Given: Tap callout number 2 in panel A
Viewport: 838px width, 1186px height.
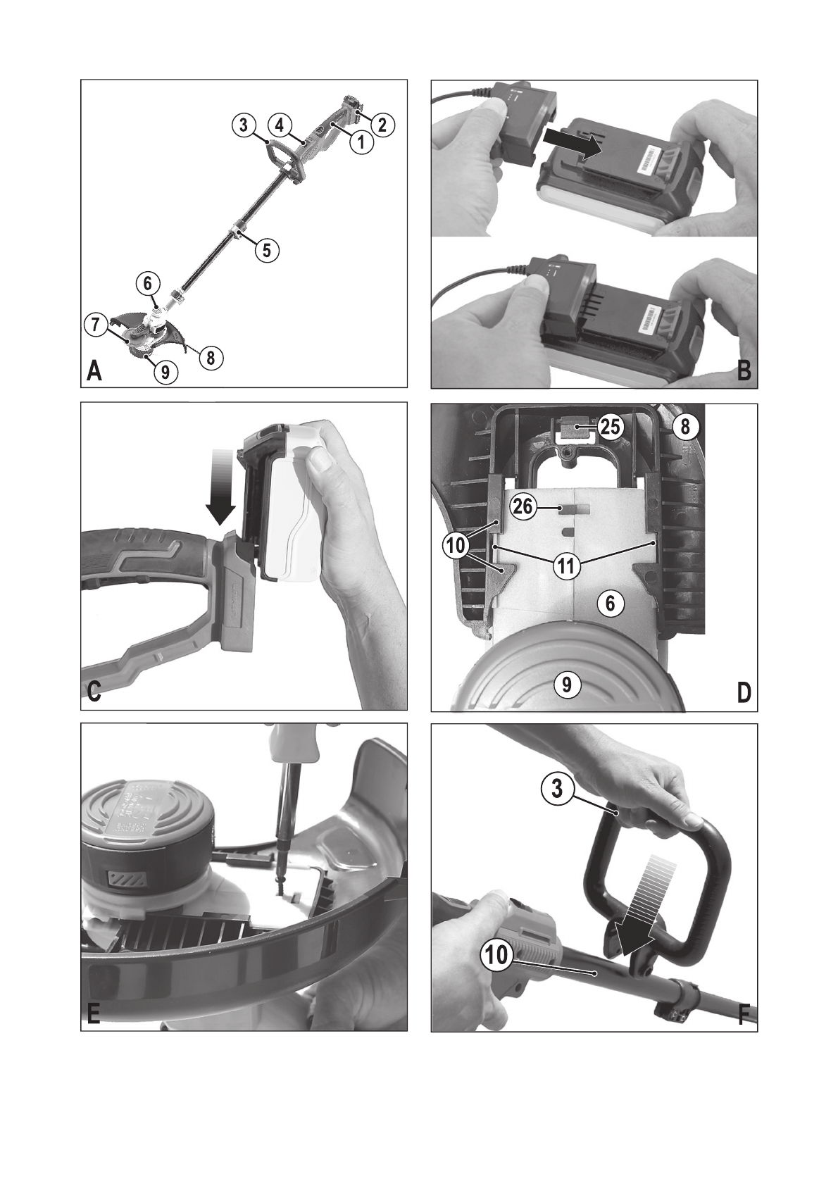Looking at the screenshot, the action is pos(383,125).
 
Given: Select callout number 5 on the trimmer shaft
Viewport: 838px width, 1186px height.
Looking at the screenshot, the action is pos(268,249).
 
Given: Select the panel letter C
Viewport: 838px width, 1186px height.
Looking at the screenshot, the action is pos(94,692).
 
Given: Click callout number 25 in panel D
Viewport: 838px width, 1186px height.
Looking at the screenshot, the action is pos(611,426).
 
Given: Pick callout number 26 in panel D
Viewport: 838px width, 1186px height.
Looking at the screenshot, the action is pos(523,506).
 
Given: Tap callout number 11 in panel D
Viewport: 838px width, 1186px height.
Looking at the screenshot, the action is pos(567,567).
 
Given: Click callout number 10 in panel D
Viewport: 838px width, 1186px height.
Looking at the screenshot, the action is pos(456,545).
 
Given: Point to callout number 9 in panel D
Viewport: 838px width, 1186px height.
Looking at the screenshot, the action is pos(567,685).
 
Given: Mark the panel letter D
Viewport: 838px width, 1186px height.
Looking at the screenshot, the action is pos(744,692).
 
